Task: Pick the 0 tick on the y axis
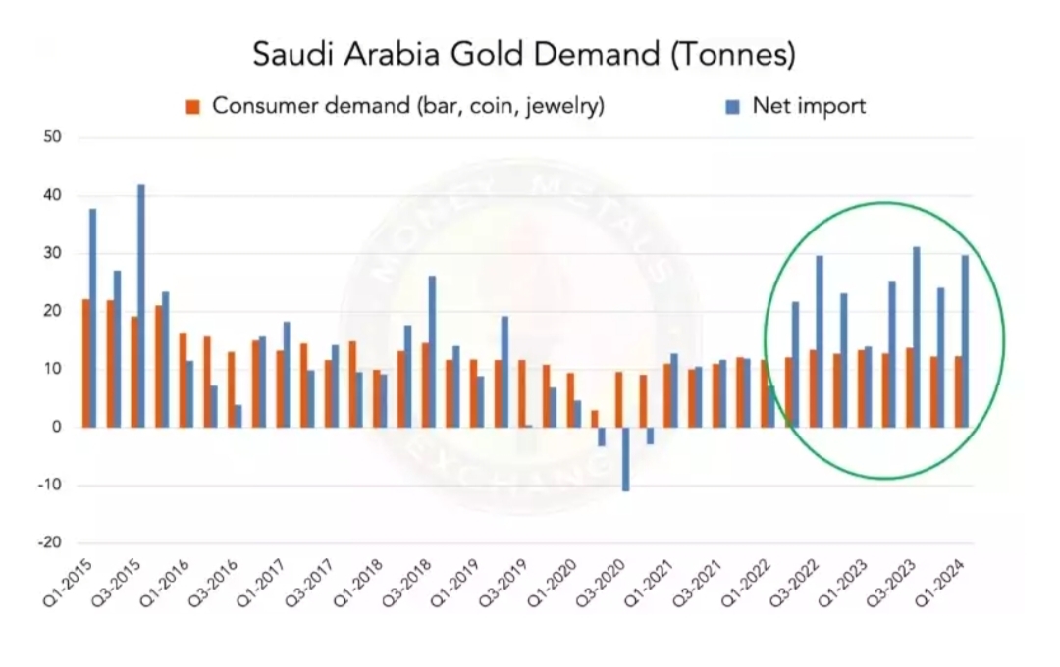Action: pos(58,428)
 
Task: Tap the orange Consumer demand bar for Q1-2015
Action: pos(85,363)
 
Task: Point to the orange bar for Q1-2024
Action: pos(957,391)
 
